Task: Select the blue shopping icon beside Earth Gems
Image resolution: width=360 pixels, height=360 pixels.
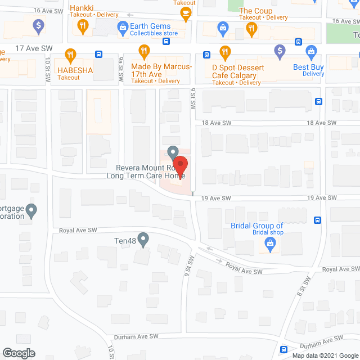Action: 122,26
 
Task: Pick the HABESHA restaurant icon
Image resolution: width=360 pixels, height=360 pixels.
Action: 70,55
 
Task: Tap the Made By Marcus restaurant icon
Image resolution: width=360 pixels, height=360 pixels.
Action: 144,52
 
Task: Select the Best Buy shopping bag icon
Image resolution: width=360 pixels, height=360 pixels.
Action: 310,52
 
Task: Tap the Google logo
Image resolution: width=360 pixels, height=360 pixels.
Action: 18,353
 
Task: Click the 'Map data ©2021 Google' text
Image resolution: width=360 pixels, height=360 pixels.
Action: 324,355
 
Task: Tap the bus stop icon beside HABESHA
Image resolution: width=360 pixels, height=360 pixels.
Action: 98,55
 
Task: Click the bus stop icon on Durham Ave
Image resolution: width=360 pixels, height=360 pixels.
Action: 284,348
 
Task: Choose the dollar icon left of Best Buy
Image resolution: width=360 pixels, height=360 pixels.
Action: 280,52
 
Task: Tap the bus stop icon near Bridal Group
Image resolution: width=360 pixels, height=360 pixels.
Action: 318,220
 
